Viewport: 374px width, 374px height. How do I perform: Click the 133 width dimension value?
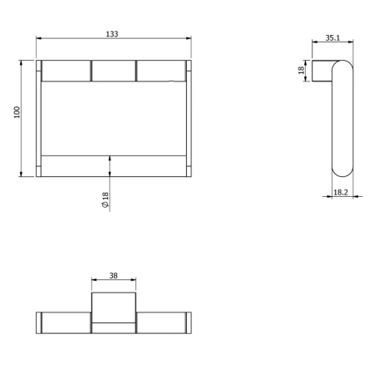pos(113,34)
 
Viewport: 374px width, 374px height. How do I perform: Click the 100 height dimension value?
pos(16,112)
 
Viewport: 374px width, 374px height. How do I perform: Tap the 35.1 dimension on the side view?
pos(332,37)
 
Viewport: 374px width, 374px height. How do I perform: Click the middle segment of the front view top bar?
pos(113,71)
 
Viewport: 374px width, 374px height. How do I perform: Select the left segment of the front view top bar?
pos(66,71)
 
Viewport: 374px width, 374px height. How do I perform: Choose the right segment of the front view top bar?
pos(160,71)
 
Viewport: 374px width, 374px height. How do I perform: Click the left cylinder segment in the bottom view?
pos(66,322)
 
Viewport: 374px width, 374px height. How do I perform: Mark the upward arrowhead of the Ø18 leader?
pos(111,157)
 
